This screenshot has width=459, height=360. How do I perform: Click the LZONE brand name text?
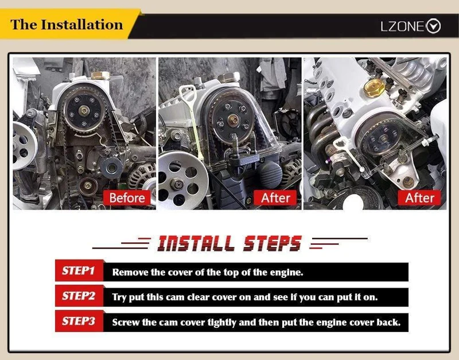click(x=402, y=26)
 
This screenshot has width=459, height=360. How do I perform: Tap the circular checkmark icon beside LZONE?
click(x=433, y=26)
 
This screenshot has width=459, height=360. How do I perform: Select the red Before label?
click(x=127, y=198)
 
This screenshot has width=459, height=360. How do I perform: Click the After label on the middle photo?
click(x=275, y=198)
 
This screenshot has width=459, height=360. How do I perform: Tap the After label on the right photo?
click(x=419, y=198)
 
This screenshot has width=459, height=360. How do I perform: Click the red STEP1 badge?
click(x=79, y=270)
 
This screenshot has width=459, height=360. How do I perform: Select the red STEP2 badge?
click(x=79, y=296)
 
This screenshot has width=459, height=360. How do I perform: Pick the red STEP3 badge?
click(x=79, y=321)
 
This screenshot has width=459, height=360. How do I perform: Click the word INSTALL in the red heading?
click(x=196, y=243)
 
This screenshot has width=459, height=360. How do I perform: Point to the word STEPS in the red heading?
click(x=272, y=243)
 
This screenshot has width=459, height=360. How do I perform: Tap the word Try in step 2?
click(x=119, y=297)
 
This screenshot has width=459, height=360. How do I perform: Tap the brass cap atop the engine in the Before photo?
click(x=100, y=76)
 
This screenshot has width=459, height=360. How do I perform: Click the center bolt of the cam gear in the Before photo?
click(x=84, y=111)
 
